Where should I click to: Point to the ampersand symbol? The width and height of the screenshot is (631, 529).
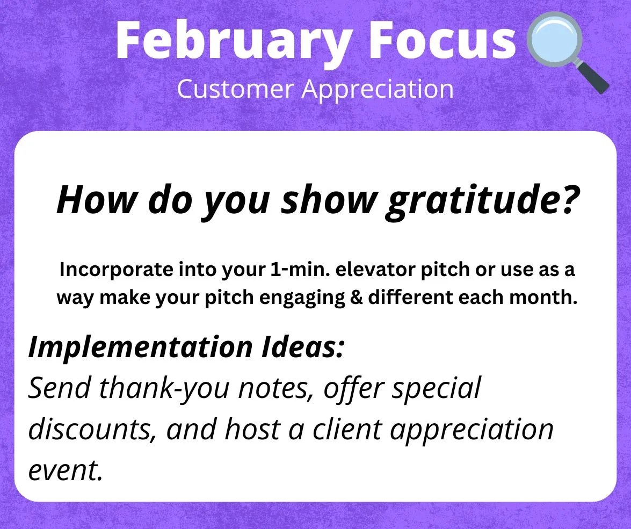356,297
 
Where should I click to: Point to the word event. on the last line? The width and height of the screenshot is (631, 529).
65,470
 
